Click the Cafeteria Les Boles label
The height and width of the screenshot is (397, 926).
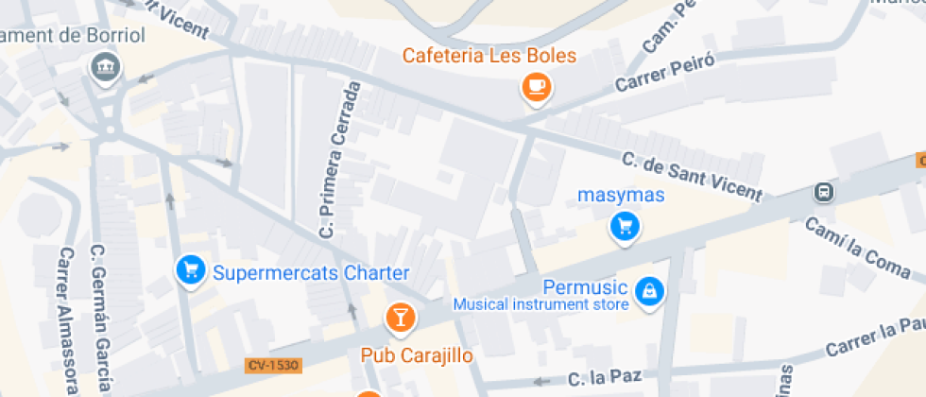pos(489,56)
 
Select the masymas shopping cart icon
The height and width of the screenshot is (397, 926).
pos(625,226)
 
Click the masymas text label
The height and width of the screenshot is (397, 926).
pos(622,196)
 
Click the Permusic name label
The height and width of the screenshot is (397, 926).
pos(586,286)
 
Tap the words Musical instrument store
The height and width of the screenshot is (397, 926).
pos(540,304)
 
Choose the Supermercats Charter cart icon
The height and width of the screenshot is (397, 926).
pos(191,271)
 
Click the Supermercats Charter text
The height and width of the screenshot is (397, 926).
pos(311,273)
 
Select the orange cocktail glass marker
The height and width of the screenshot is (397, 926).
pos(401,317)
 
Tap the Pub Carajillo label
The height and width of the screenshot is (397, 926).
pos(417,355)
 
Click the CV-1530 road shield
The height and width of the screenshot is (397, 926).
pos(272,365)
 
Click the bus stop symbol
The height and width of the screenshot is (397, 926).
pos(824,193)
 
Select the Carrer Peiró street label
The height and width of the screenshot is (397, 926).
pos(663,73)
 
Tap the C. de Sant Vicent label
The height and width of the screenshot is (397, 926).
pos(691,176)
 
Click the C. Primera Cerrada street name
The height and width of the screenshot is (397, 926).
pos(341,159)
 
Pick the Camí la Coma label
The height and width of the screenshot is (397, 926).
pos(857,247)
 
